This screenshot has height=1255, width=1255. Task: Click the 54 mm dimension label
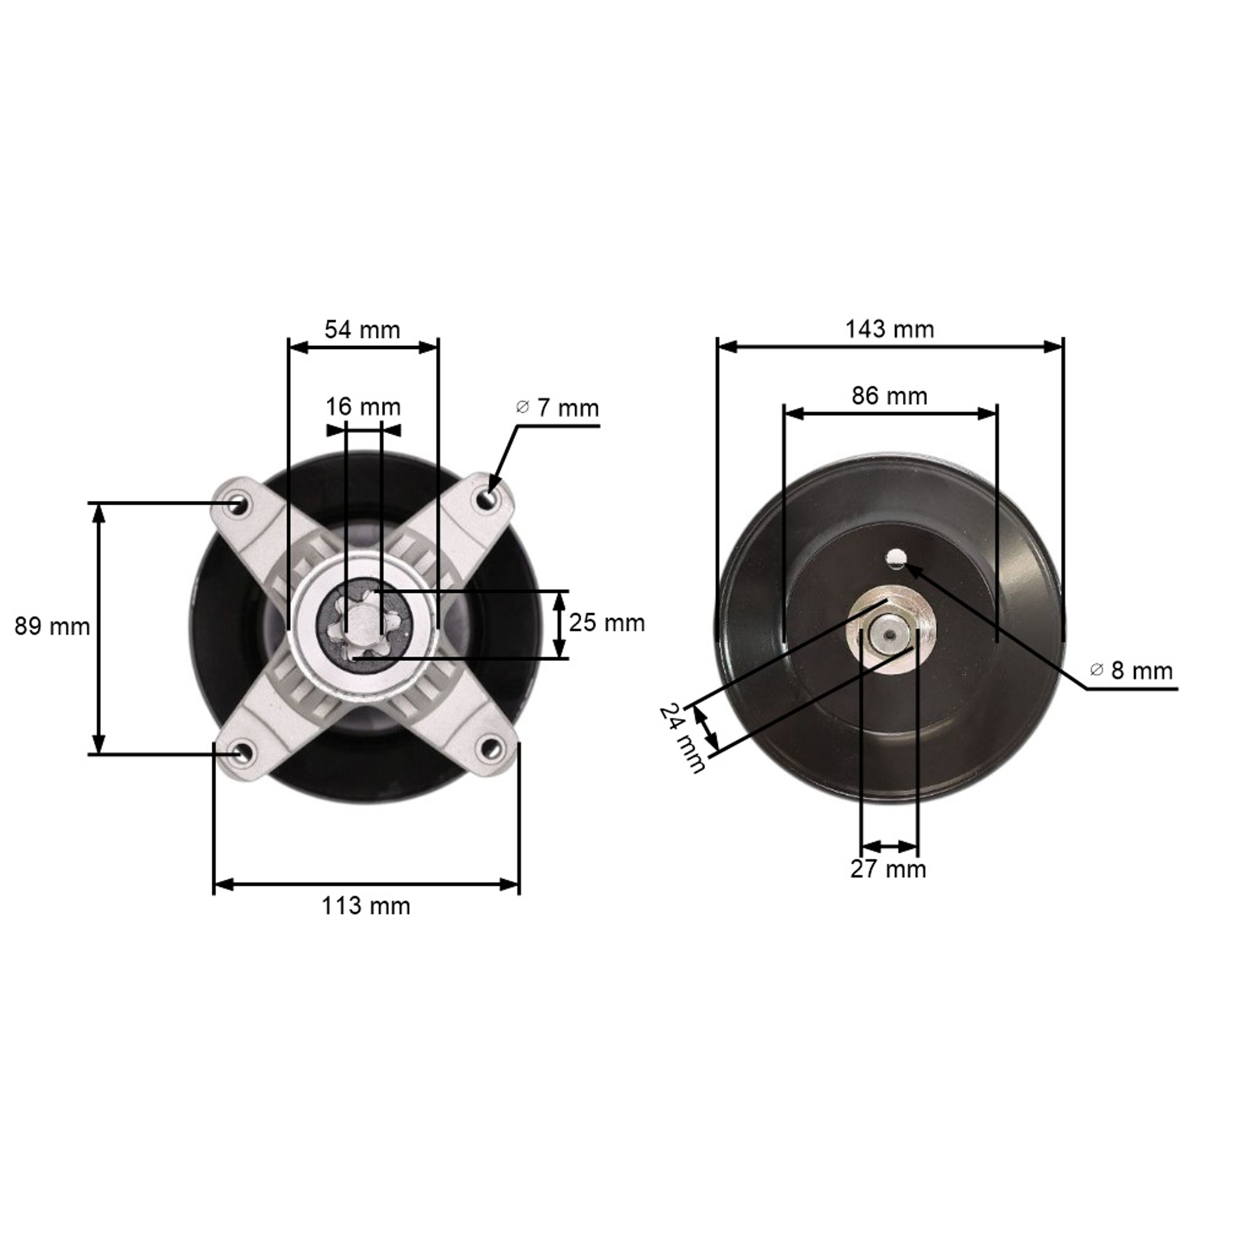click(x=362, y=330)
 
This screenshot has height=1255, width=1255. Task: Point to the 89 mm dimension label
click(x=52, y=627)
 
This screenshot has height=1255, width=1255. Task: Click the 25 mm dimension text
click(x=607, y=623)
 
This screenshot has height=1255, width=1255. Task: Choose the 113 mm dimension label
click(x=366, y=906)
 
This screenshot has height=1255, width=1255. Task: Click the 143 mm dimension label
click(x=889, y=329)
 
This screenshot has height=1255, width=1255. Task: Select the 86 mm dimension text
click(x=889, y=396)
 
